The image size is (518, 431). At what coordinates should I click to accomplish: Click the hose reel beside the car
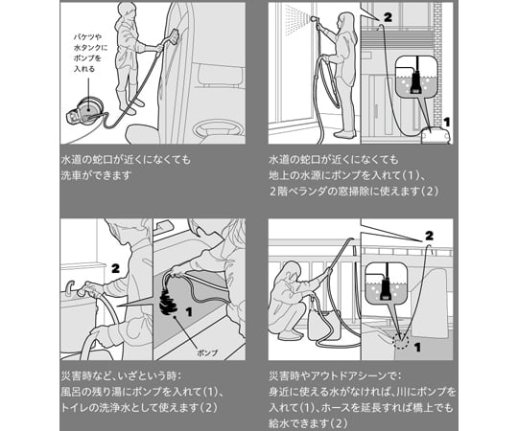(85, 111)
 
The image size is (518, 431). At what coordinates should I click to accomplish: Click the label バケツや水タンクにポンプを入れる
(88, 53)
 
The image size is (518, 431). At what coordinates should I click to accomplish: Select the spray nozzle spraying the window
(312, 20)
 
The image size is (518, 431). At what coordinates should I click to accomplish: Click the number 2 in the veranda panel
(388, 17)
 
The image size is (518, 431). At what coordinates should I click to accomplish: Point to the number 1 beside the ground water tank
(446, 122)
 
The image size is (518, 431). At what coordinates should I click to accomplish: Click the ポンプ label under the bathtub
(207, 352)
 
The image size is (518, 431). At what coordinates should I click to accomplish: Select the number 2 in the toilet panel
(115, 268)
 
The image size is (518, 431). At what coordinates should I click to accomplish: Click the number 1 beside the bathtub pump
(189, 311)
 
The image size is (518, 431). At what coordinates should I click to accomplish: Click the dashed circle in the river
(401, 341)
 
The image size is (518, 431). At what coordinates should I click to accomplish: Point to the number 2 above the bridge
(429, 236)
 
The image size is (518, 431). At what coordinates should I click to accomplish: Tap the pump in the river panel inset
(386, 288)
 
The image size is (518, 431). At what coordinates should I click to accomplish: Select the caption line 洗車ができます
(97, 175)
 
